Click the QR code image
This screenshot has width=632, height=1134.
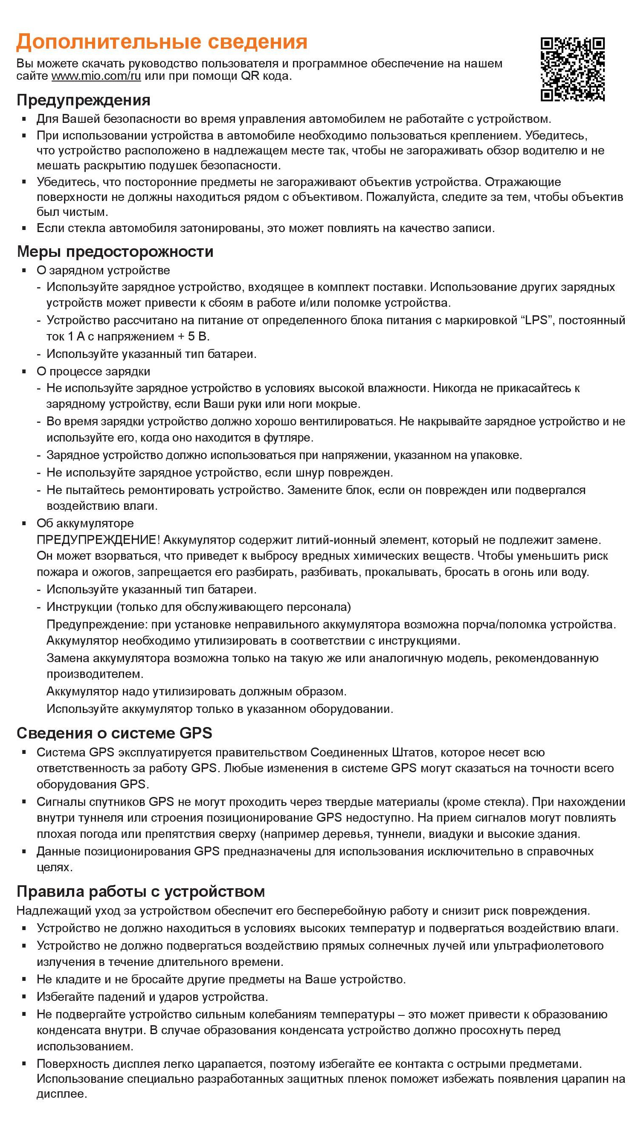(x=572, y=69)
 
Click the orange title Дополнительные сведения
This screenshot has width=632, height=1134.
(x=162, y=42)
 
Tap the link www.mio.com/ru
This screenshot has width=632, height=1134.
(x=96, y=76)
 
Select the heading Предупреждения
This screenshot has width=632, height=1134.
(x=83, y=100)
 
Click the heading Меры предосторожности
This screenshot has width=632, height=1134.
(x=115, y=251)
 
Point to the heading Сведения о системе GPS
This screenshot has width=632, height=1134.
(x=114, y=733)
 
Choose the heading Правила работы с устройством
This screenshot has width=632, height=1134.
(x=140, y=891)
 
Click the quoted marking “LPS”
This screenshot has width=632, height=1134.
(x=537, y=320)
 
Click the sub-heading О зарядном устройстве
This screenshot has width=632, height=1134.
(x=103, y=270)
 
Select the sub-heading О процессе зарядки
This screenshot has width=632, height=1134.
(x=93, y=372)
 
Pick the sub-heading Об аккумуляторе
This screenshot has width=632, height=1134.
(x=85, y=523)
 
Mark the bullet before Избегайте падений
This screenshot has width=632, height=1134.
(x=25, y=997)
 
